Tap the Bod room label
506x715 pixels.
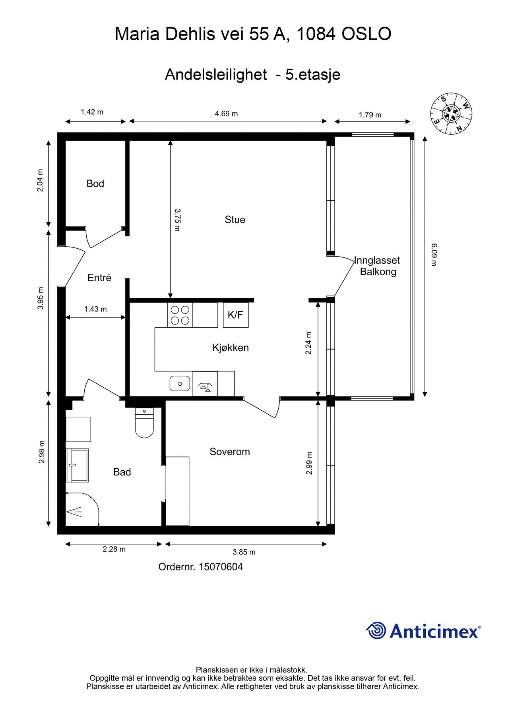coord(95,184)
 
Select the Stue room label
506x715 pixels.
coord(235,220)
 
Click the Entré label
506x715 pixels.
coord(99,278)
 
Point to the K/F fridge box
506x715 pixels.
coord(236,315)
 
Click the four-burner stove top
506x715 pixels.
coord(180,315)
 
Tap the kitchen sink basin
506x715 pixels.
coord(180,384)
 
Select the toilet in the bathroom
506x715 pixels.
coord(144,423)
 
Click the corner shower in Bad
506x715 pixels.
coord(82,510)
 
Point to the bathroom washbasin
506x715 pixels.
coord(77,465)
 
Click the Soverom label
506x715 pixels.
coord(230,452)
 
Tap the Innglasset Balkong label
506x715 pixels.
coord(377,266)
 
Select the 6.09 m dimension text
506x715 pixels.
coord(434,255)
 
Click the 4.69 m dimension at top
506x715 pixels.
coord(227,114)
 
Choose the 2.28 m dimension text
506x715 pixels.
coord(114,549)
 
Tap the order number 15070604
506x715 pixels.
coord(221,567)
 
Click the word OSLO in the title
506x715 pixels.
coord(366,34)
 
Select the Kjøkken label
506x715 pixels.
coord(231,348)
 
